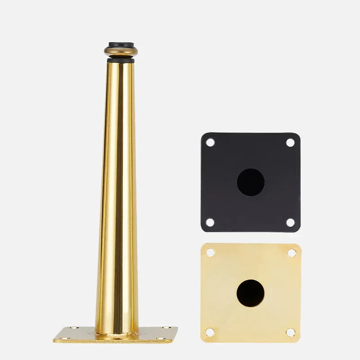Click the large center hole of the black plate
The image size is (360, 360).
pos(251,182)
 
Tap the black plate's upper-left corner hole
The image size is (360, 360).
pos(210,142)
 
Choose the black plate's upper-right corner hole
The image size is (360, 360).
pos(290,142)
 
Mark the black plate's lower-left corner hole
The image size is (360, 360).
pos(210,222)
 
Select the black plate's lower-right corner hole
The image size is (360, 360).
pos(290,222)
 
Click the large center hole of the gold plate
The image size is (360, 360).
pos(251,293)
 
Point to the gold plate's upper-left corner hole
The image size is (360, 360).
pos(210,252)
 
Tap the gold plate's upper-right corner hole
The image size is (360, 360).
pos(291,253)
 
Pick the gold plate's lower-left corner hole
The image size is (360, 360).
pos(210,333)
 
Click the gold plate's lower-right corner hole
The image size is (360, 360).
pos(291,333)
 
